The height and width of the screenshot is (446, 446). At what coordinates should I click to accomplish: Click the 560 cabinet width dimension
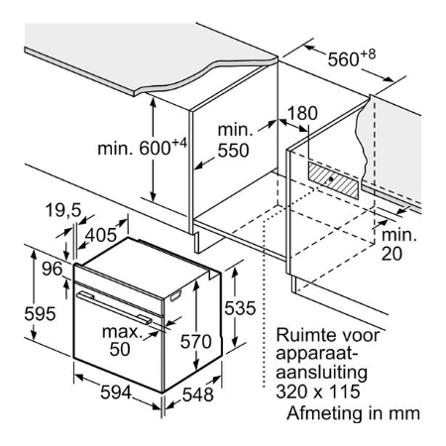pos(352,58)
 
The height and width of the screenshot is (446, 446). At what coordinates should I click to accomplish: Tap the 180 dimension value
pos(302,113)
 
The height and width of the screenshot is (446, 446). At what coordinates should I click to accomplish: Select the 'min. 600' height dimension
pos(143,147)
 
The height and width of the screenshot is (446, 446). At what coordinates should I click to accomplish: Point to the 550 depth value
pos(233,151)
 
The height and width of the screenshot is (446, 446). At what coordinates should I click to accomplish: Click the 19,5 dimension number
pos(63,210)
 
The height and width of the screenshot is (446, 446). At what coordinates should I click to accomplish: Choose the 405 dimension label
pos(101,235)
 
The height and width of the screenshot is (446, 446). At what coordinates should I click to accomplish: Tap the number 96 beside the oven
pos(52,269)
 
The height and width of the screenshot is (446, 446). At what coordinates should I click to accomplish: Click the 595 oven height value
pos(40,313)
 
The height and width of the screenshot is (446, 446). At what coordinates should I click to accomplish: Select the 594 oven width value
pos(116,392)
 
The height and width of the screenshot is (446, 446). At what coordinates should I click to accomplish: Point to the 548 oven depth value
pos(198,394)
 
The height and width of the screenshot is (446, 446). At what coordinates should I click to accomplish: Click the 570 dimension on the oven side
pos(196,342)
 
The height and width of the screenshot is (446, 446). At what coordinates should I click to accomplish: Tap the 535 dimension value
pos(240,308)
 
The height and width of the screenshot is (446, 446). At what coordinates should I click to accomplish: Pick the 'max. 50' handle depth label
pos(122,340)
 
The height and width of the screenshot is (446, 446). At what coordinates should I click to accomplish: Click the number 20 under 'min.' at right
pos(391,254)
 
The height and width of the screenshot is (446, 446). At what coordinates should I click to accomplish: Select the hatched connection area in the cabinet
pos(333,180)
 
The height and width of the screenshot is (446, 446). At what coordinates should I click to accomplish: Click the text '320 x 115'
pos(318,391)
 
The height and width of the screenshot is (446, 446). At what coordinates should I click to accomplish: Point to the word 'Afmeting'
pos(325,413)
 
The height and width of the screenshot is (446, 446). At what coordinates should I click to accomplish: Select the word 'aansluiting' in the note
pos(321,374)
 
